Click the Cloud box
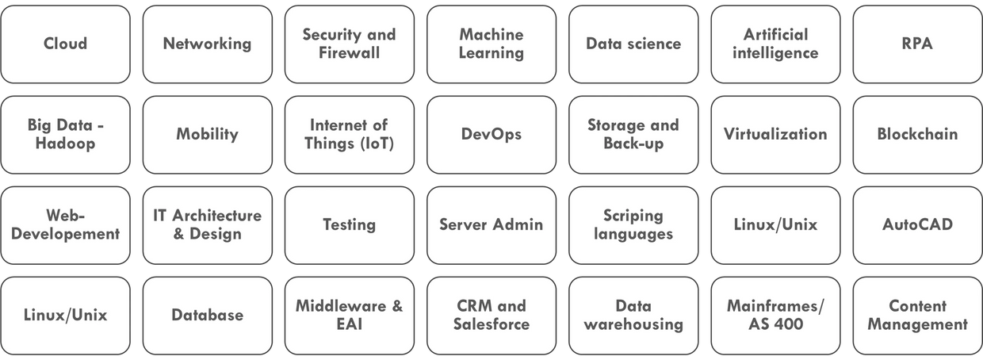click(65, 44)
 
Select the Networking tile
click(207, 44)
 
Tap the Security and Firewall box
click(349, 44)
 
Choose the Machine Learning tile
click(491, 44)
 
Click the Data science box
click(633, 44)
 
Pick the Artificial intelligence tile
click(775, 44)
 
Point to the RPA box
click(916, 44)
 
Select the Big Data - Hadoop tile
click(65, 134)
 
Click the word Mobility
click(207, 134)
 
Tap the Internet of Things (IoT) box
click(349, 134)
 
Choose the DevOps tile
click(491, 134)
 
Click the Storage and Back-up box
click(633, 134)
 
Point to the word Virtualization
click(775, 134)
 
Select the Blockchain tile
click(916, 134)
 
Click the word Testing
click(349, 224)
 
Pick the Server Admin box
click(491, 224)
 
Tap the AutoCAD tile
click(916, 224)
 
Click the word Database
click(207, 315)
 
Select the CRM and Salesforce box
click(491, 315)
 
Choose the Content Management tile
click(916, 315)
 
